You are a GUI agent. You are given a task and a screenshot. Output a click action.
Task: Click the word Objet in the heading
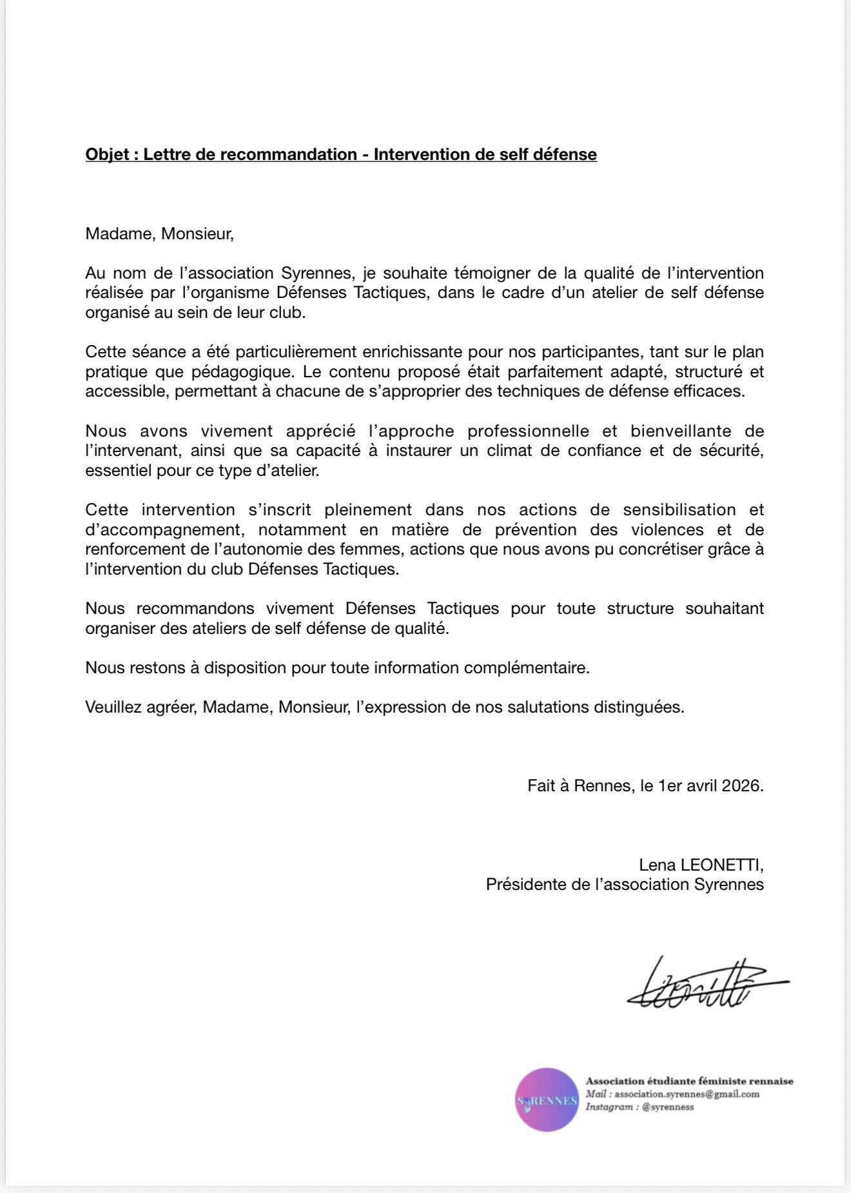point(107,155)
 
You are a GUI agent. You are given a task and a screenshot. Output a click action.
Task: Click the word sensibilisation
point(679,510)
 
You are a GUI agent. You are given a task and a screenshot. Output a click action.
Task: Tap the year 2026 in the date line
point(742,786)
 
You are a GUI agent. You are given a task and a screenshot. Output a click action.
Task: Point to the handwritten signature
point(703,984)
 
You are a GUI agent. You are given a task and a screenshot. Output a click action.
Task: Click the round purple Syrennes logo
point(547,1099)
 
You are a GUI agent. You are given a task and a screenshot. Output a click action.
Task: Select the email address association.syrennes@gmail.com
point(686,1094)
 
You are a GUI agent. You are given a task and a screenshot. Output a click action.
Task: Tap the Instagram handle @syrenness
point(668,1107)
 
